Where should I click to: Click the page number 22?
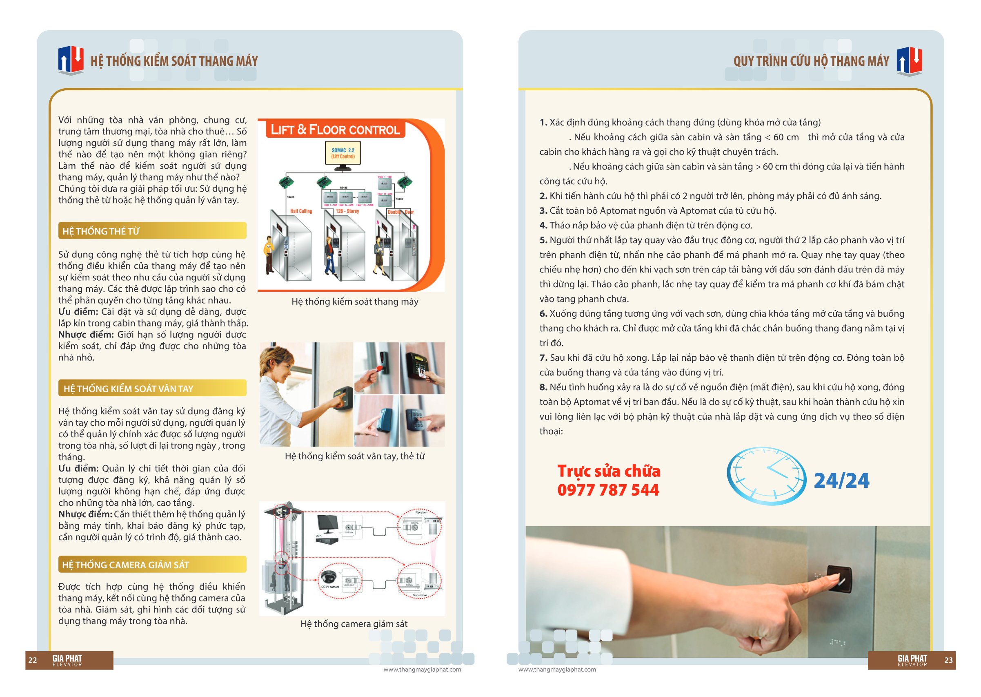(x=33, y=660)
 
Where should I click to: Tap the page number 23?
(x=948, y=660)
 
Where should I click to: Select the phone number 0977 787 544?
(x=608, y=490)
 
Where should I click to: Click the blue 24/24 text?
(x=841, y=480)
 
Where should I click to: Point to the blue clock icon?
(x=766, y=476)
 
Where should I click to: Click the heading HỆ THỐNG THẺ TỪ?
(x=101, y=231)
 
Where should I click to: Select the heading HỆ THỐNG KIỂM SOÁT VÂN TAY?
(x=128, y=389)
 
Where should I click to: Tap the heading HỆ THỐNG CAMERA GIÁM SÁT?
(x=126, y=565)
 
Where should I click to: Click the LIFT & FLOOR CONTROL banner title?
(x=335, y=130)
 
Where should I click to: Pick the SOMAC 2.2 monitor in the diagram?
(x=343, y=154)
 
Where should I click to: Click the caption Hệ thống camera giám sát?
(x=354, y=623)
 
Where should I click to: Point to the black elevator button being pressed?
(x=839, y=579)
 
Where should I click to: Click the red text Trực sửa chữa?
(x=608, y=471)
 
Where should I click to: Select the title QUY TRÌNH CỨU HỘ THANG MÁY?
(x=811, y=61)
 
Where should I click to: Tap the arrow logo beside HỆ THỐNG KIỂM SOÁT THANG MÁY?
(x=71, y=60)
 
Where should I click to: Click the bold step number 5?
(x=543, y=240)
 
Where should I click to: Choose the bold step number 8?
(x=543, y=387)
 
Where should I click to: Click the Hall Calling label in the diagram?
(x=301, y=211)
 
